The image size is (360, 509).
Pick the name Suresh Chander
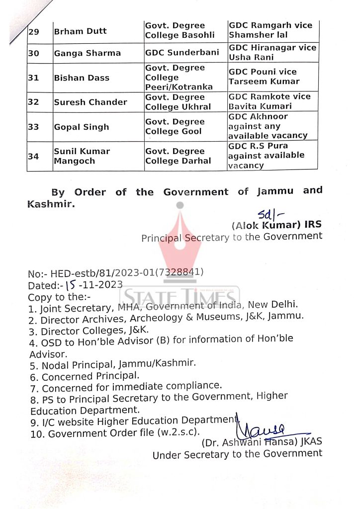[x=90, y=102]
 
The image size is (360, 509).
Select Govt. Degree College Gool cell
[x=175, y=127]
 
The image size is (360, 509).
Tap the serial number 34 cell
[x=33, y=156]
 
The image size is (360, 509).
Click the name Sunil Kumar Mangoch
[x=82, y=156]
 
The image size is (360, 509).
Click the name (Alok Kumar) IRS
[x=276, y=225]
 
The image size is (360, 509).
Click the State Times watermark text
[x=181, y=296]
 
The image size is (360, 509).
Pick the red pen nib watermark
[x=180, y=239]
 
